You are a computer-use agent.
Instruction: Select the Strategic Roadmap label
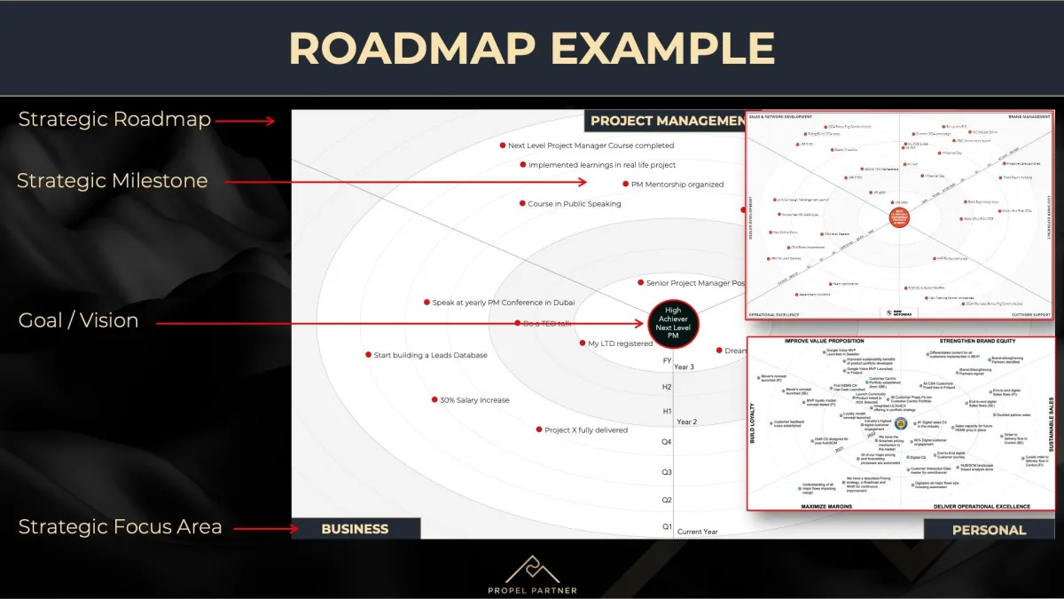pos(114,119)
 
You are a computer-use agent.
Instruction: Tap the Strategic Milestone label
pos(112,181)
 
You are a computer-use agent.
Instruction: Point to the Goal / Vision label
pos(78,320)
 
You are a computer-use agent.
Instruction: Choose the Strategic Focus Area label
pos(120,526)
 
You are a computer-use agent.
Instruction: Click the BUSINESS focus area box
pos(355,529)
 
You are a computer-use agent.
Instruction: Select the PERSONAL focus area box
pos(989,530)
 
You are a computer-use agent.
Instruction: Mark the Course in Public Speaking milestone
pos(574,204)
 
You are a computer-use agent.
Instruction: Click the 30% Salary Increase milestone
pos(474,400)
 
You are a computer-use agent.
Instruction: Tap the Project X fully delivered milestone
pos(585,430)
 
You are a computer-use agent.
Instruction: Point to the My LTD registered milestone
pos(620,343)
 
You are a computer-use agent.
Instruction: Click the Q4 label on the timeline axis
pos(667,442)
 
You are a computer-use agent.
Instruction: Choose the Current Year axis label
pos(698,532)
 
